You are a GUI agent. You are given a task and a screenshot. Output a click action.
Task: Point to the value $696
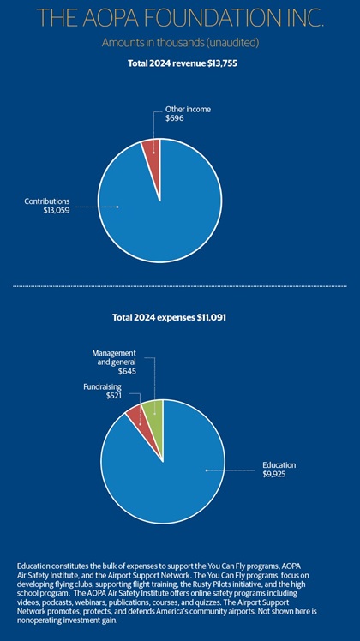point(175,118)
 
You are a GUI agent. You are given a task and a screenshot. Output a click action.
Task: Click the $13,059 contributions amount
point(57,211)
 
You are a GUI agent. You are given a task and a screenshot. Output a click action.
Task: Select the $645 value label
point(127,372)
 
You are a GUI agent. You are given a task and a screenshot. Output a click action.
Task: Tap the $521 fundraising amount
point(113,396)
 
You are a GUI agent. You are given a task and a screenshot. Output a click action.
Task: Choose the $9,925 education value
point(274,475)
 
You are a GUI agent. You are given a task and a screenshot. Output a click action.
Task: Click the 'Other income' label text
point(188,109)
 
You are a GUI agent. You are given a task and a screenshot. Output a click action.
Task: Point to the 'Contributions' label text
point(47,201)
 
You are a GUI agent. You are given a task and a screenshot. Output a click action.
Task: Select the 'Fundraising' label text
point(101,386)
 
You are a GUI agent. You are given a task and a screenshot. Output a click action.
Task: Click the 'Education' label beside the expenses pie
point(279,465)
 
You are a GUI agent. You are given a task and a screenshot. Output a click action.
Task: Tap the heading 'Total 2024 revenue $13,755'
point(183,63)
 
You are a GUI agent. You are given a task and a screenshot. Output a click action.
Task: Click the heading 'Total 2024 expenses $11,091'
point(170,317)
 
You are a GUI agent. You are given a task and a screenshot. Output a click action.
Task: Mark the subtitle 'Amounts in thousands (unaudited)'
point(180,43)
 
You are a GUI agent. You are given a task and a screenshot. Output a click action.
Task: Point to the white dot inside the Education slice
point(207,470)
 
